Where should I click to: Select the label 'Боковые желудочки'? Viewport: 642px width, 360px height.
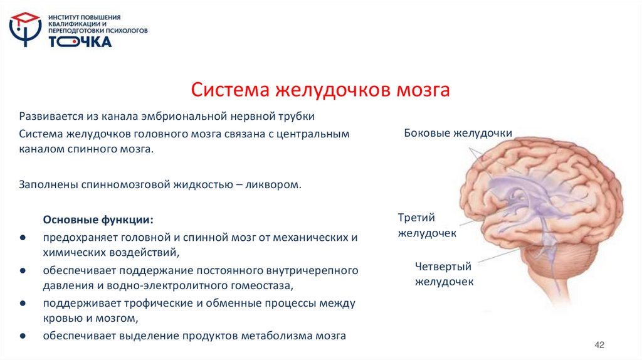tap(458, 133)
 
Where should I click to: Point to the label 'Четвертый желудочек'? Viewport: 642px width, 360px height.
tap(444, 274)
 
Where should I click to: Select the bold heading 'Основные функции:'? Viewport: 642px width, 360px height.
tap(98, 221)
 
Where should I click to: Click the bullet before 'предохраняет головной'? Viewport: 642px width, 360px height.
tap(23, 238)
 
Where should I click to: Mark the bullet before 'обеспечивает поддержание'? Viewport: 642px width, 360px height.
tap(23, 271)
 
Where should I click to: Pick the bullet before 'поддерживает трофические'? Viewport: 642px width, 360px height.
tap(23, 304)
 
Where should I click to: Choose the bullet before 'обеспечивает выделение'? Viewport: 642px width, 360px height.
tap(23, 336)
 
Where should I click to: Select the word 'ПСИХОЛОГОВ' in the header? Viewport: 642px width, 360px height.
tap(125, 29)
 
